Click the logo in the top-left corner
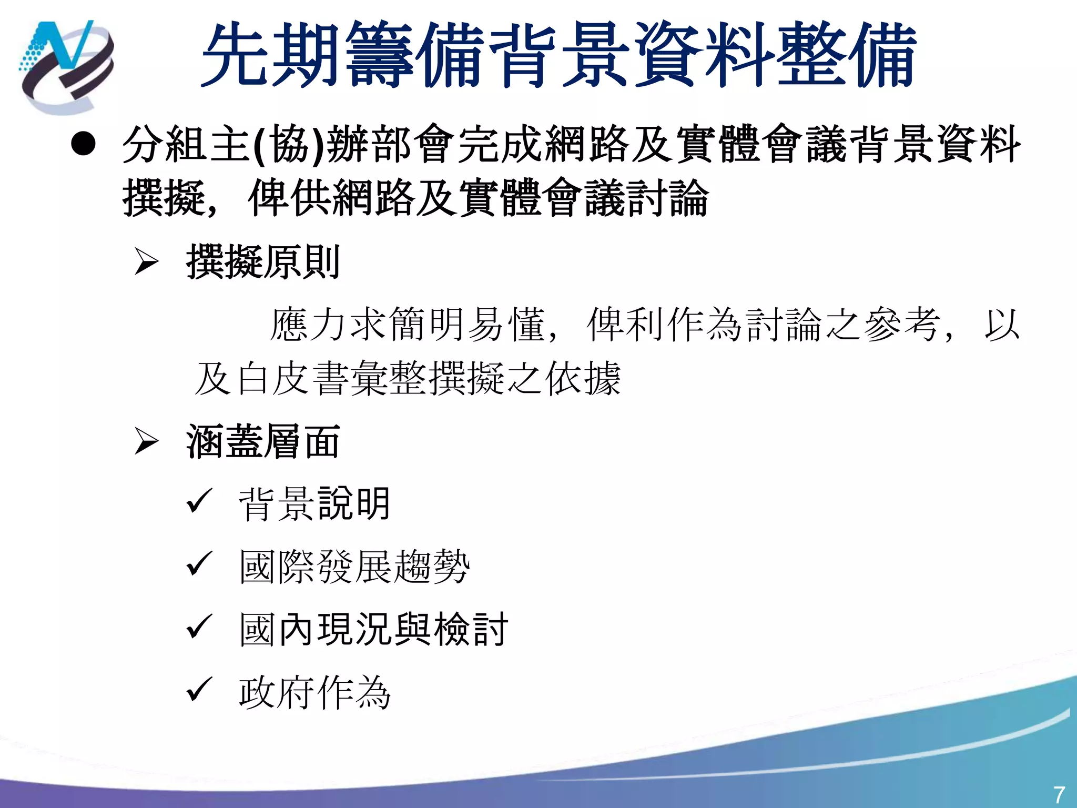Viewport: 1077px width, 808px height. tap(66, 65)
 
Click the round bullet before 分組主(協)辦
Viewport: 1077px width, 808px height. tap(84, 144)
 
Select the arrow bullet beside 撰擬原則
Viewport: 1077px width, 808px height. tap(146, 262)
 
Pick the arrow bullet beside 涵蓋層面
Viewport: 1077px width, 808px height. tap(146, 441)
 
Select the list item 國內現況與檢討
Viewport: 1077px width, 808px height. tap(373, 629)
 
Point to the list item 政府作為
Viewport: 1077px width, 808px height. tap(314, 692)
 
